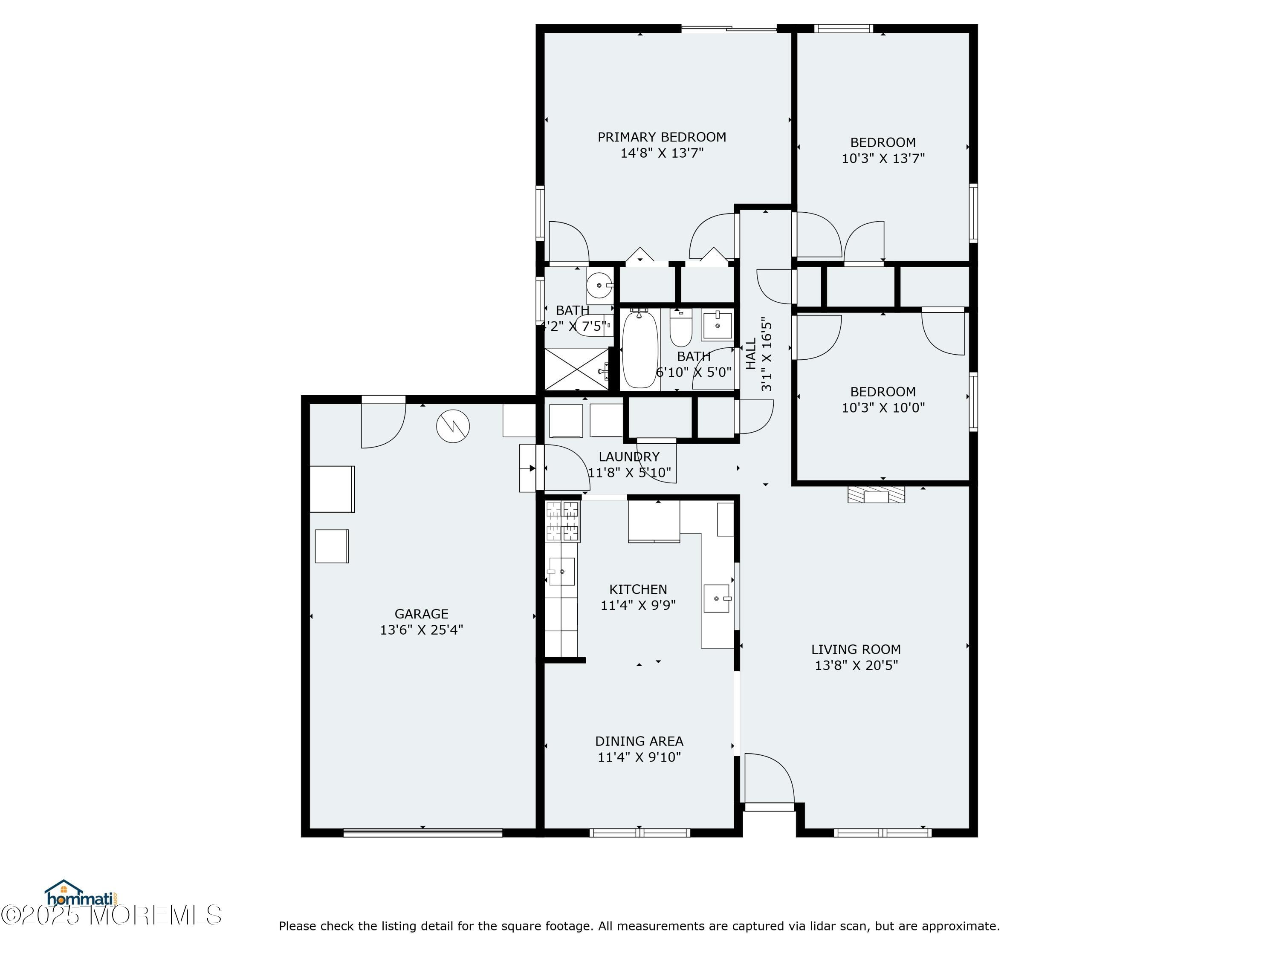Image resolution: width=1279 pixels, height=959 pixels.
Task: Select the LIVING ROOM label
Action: pyautogui.click(x=855, y=650)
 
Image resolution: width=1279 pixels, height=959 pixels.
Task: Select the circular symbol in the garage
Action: pyautogui.click(x=453, y=427)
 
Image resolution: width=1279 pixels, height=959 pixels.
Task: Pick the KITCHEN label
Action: pyautogui.click(x=638, y=589)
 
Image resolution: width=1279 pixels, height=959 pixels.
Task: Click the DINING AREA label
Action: pyautogui.click(x=639, y=741)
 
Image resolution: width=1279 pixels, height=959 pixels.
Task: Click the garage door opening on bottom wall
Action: pyautogui.click(x=422, y=833)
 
